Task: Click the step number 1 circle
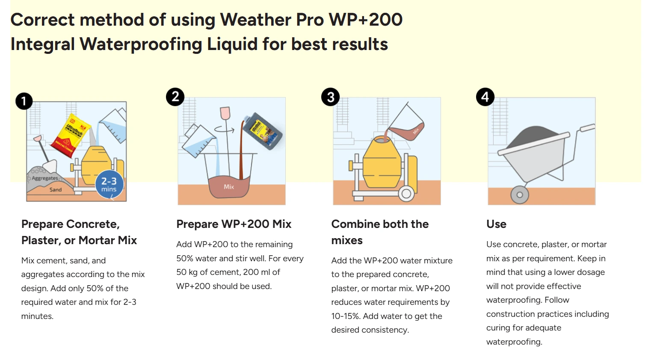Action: click(24, 101)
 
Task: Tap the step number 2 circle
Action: click(175, 97)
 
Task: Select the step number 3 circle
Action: click(330, 97)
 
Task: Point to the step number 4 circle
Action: click(485, 97)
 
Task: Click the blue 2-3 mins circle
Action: click(109, 184)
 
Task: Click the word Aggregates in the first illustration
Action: click(45, 178)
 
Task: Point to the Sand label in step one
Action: click(56, 189)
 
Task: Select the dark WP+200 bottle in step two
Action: click(262, 131)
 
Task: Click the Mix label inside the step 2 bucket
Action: click(229, 187)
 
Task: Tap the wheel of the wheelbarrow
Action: click(520, 195)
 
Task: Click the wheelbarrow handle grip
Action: click(587, 127)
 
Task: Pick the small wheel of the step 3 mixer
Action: click(406, 194)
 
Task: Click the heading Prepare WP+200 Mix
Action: click(234, 224)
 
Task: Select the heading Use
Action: click(496, 224)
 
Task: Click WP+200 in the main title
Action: click(366, 20)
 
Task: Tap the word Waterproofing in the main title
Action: click(141, 44)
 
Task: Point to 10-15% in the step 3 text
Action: click(346, 316)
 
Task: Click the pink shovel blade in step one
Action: click(38, 138)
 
